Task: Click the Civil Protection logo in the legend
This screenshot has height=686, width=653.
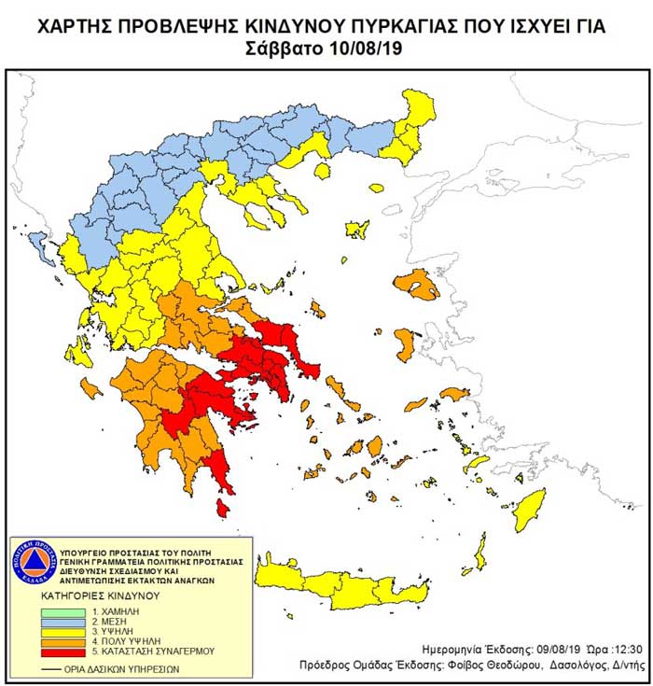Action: click(x=35, y=563)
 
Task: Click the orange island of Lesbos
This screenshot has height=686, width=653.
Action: click(x=416, y=285)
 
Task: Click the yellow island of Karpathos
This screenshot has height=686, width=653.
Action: click(x=480, y=553)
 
